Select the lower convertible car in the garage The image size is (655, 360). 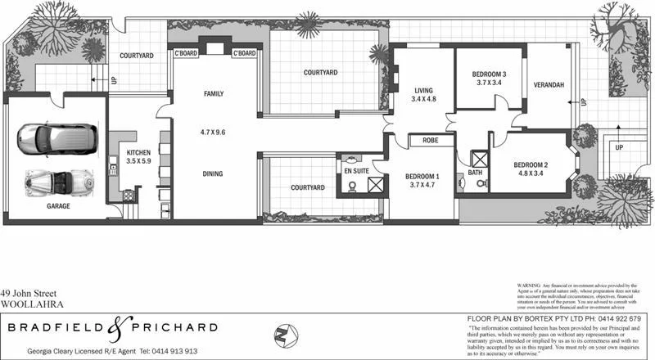coord(57,179)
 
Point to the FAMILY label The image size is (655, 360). coord(213,94)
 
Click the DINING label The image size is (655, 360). coord(212,173)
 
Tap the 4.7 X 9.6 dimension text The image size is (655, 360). coord(213,132)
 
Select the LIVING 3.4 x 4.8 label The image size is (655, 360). coord(423,95)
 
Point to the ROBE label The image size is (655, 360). coord(431,141)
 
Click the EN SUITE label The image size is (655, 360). coord(356,171)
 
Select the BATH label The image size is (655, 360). coord(476,173)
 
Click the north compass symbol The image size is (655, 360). coord(282,335)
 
